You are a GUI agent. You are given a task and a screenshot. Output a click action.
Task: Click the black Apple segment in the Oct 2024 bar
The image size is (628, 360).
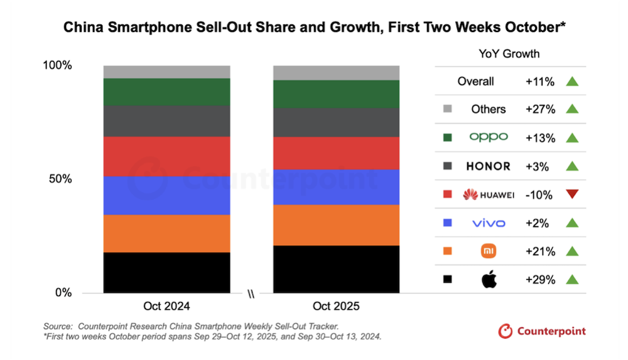tap(166, 272)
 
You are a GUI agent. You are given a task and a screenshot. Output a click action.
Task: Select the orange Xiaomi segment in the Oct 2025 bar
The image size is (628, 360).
tap(336, 225)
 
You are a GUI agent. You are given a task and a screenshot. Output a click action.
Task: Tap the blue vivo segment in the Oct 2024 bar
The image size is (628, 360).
tap(166, 195)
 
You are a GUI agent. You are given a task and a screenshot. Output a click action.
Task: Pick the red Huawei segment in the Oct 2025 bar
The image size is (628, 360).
tap(336, 153)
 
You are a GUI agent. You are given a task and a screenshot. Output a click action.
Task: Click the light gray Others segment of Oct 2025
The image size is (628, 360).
tap(336, 72)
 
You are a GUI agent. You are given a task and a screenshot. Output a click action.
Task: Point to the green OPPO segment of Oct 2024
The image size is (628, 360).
tap(166, 92)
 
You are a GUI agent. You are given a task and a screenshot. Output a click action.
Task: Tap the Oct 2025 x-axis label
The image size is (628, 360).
tap(336, 307)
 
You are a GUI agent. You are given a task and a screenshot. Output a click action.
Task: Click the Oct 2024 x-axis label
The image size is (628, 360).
tap(166, 307)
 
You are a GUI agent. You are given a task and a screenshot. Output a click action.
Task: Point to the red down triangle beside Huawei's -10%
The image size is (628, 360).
tap(571, 194)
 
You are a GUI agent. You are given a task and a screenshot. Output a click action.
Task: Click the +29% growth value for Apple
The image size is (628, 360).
tap(540, 280)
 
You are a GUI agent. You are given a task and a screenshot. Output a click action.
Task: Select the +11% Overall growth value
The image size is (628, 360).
tap(540, 81)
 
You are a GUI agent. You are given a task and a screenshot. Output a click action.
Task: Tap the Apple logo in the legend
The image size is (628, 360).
tap(489, 280)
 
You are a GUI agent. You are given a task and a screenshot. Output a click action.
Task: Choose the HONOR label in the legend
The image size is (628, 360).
tap(489, 166)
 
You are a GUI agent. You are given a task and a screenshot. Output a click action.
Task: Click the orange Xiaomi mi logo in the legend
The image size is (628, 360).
tap(489, 251)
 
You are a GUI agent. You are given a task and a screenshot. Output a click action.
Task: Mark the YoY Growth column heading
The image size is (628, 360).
tap(509, 53)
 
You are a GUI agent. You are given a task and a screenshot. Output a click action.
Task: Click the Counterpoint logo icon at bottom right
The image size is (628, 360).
tap(505, 330)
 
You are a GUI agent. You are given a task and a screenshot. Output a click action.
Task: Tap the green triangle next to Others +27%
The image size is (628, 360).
tap(571, 109)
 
